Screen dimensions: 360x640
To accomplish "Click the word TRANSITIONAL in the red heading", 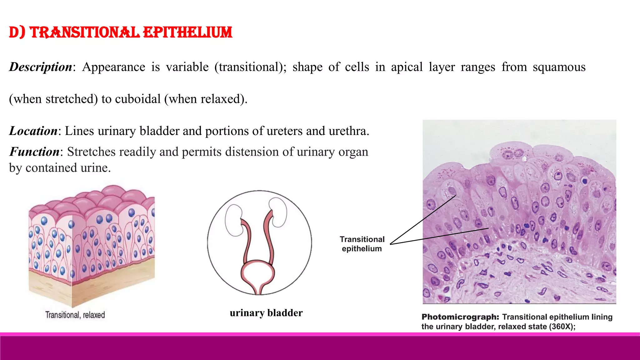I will tap(84, 32).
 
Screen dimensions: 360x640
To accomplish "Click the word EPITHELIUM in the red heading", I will tap(187, 32).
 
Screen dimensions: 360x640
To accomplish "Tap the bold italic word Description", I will tap(41, 67).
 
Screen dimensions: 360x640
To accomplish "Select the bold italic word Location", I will tap(33, 131).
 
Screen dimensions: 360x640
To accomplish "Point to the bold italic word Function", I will tap(34, 152).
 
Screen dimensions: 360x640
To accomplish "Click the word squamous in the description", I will tap(559, 67).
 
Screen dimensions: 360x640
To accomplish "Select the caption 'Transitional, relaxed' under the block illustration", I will tap(75, 315).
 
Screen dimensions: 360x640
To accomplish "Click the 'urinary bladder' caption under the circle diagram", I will tap(266, 313).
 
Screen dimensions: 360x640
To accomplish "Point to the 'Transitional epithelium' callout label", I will tap(362, 244).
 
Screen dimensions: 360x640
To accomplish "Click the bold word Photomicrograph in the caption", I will tap(460, 317).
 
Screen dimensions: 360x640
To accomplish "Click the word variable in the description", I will tap(187, 67).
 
